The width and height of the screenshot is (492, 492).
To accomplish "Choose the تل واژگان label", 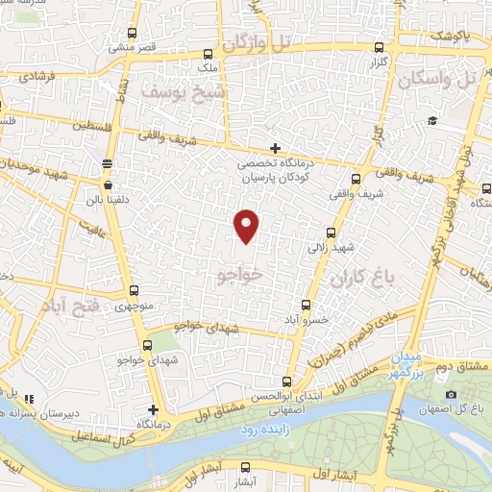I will point(255,44).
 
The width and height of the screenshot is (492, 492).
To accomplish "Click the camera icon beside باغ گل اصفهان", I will point(451,395).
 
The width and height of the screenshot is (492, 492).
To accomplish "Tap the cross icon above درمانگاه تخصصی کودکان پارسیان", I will point(276,148).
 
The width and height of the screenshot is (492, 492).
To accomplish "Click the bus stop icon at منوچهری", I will point(133,291).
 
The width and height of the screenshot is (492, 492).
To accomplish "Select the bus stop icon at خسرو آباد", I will point(306,305).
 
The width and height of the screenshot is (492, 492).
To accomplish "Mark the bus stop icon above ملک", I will point(208,54).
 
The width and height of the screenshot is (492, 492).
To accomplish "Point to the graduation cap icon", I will point(432,120).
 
